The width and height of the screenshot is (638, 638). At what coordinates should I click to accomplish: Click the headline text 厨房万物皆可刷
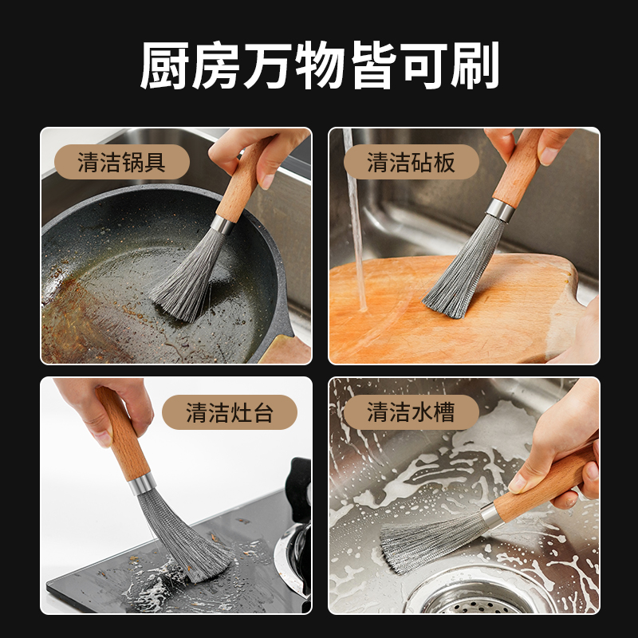tap(320, 65)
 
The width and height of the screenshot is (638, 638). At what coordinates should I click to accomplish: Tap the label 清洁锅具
tap(122, 162)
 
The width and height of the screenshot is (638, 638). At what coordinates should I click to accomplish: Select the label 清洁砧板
tap(411, 162)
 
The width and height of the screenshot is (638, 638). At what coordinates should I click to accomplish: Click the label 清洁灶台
tap(230, 412)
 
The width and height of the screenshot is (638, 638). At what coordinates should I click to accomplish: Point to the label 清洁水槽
tap(411, 412)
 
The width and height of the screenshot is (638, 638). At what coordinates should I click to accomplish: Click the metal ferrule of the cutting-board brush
tap(501, 211)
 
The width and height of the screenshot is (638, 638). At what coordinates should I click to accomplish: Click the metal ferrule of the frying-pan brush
tap(223, 225)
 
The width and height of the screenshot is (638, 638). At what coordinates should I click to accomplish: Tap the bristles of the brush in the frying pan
tap(188, 278)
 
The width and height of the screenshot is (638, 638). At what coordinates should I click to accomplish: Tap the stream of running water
tap(355, 220)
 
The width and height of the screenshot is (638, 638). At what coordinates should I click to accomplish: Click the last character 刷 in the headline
tap(475, 65)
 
